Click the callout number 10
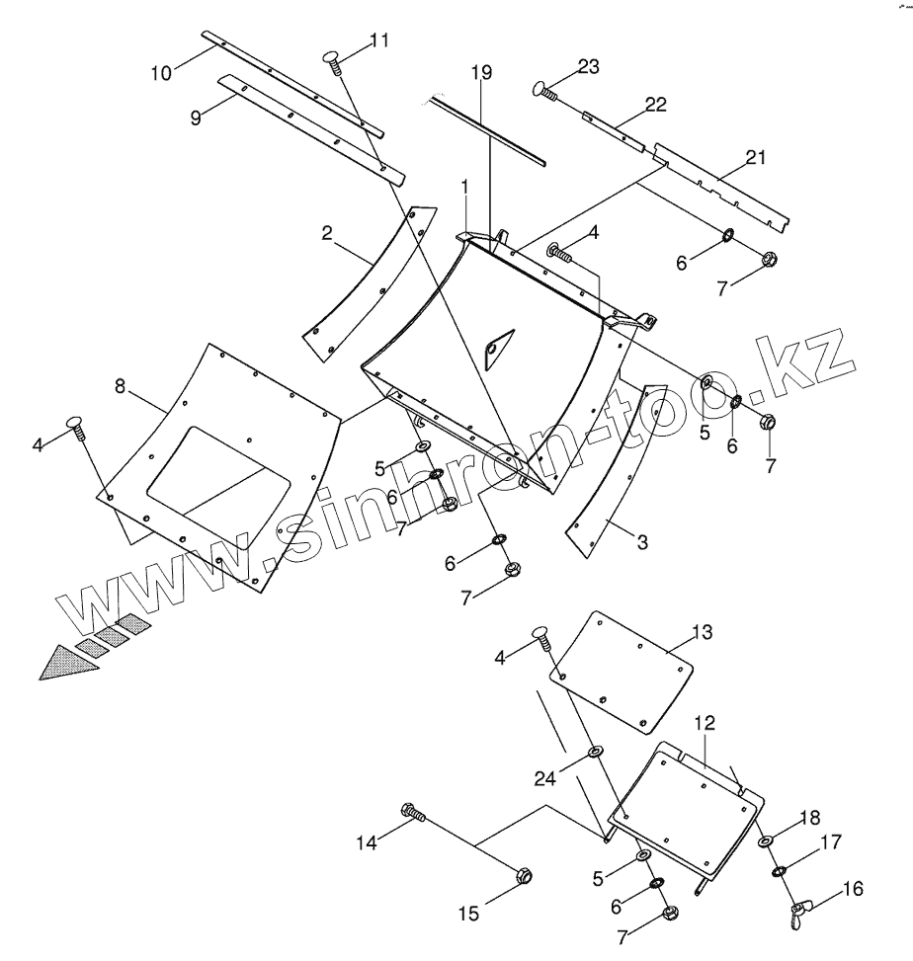pos(161,71)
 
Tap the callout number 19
pos(480,73)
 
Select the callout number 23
pos(588,67)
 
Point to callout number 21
pos(756,157)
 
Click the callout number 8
pos(121,387)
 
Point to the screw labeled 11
pos(335,61)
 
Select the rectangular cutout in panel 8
pos(218,463)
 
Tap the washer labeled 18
pos(767,841)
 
